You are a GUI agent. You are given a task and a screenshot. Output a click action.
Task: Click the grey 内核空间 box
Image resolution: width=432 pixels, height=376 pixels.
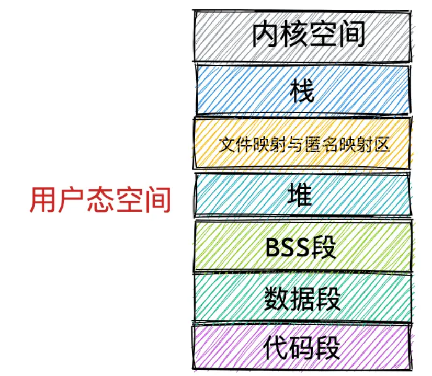click(x=302, y=35)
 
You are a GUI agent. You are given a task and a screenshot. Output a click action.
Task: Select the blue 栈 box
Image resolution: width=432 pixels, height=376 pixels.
click(x=302, y=90)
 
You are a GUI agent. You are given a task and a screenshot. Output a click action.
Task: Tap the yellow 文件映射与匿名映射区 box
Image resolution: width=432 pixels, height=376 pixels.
click(x=302, y=144)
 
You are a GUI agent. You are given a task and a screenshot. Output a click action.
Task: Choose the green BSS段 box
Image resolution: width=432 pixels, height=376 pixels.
click(x=302, y=247)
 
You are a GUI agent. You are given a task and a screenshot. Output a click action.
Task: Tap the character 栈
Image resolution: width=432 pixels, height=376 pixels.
click(x=302, y=91)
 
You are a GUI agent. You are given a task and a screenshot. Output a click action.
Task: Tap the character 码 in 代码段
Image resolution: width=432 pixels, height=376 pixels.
click(x=302, y=348)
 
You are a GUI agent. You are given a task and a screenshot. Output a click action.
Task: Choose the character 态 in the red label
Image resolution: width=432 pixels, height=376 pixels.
click(x=99, y=200)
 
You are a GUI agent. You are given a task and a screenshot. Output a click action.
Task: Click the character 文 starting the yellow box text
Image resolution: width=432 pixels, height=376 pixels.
click(x=225, y=144)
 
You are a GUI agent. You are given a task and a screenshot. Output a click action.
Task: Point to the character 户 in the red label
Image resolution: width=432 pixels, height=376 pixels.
click(x=71, y=200)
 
